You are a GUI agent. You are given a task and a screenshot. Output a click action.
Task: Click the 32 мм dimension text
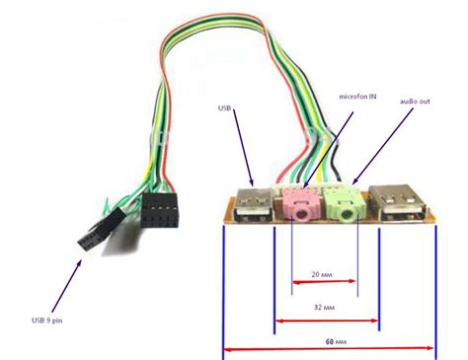pyautogui.click(x=322, y=307)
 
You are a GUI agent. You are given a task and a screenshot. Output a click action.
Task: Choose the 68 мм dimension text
pyautogui.click(x=343, y=341)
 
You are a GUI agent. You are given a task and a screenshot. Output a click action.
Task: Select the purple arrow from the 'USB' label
pyautogui.click(x=242, y=148)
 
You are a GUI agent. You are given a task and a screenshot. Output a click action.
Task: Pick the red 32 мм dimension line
pyautogui.click(x=326, y=320)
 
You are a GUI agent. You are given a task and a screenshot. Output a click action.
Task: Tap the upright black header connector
pyautogui.click(x=158, y=213)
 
